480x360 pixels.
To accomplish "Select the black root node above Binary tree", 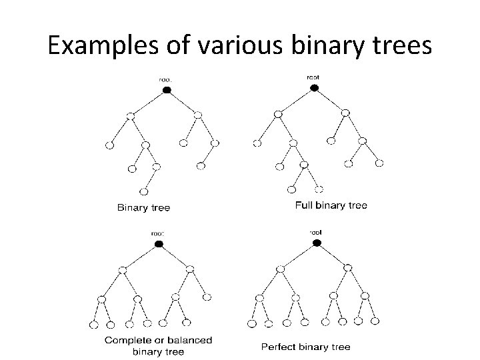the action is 166,89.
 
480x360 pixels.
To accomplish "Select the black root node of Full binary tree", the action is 315,87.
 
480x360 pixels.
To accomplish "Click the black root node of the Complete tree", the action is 159,244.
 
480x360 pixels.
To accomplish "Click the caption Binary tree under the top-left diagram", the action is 143,208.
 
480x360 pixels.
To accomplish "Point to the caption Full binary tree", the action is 331,205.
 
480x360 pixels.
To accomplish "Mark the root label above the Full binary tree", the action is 313,76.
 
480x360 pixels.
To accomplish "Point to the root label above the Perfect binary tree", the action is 315,232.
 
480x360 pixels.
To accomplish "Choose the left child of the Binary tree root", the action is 131,116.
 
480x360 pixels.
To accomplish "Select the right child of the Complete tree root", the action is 190,270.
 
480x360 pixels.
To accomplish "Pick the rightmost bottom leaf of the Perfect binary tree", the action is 375,321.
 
